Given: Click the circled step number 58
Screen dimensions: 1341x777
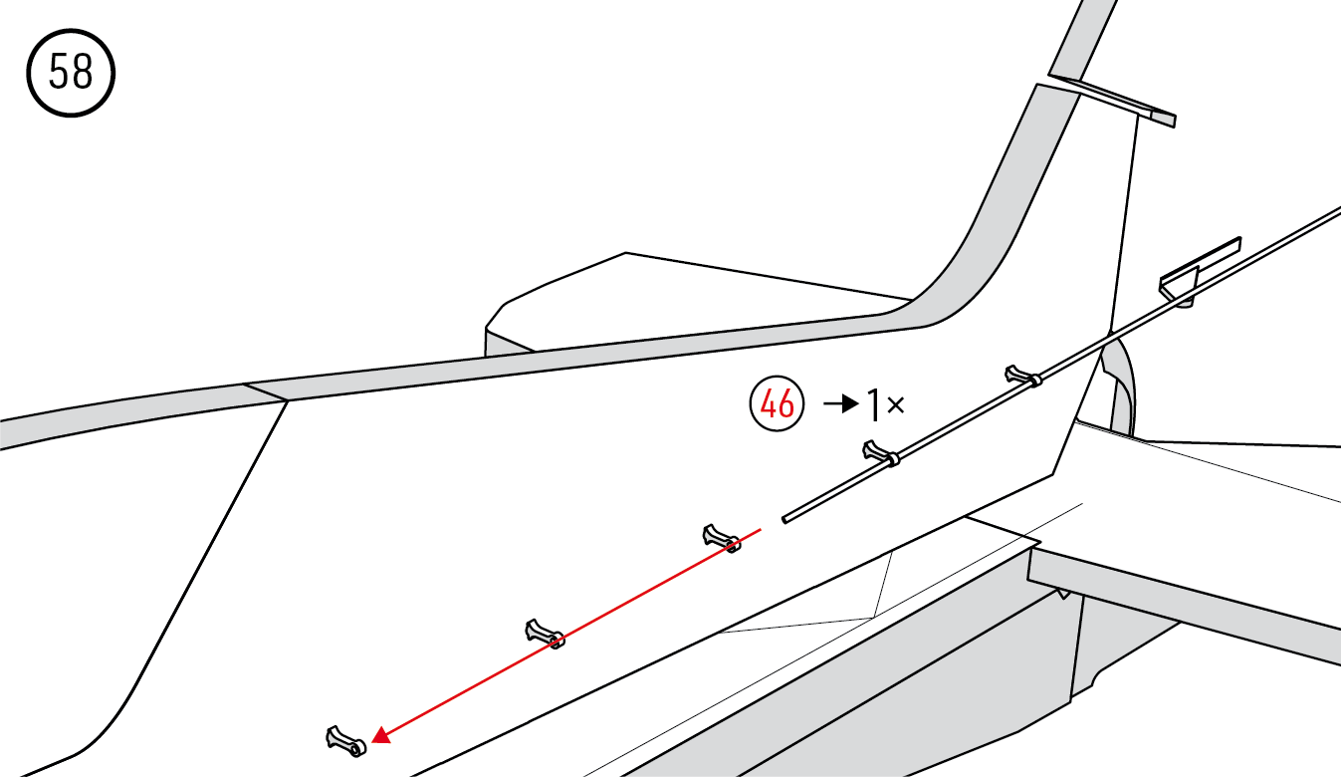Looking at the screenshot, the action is click(71, 73).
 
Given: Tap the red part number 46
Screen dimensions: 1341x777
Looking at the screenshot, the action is click(778, 404).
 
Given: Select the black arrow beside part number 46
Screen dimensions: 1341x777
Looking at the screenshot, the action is click(841, 404).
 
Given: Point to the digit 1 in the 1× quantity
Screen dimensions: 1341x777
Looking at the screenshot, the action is click(875, 404).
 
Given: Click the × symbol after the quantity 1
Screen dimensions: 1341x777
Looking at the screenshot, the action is click(896, 405).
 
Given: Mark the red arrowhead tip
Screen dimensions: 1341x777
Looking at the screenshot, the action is click(372, 741).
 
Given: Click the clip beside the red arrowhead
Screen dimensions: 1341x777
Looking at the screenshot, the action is click(346, 741).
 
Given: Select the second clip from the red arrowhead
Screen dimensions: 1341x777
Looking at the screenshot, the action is click(545, 635).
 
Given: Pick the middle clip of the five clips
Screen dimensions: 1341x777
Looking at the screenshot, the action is click(722, 539).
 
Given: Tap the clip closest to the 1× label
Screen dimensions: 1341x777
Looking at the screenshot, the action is click(881, 454).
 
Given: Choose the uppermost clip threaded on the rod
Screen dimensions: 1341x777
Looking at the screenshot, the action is click(1023, 376).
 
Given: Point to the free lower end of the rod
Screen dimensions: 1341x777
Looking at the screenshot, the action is click(785, 519).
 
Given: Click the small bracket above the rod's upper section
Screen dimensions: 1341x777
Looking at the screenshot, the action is click(1201, 272).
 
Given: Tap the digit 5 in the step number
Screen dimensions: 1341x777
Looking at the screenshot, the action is click(59, 72).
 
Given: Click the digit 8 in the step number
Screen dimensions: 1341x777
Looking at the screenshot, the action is click(83, 72).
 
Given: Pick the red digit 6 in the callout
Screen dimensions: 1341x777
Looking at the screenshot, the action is click(785, 404).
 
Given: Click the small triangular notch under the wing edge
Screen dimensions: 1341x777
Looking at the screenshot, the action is click(1062, 594).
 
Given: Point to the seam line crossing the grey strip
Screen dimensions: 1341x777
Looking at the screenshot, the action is click(266, 392).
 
